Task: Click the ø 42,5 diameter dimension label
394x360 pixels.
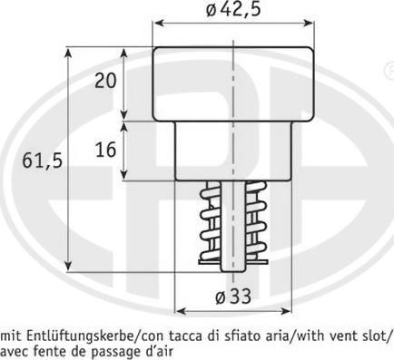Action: [x=233, y=10]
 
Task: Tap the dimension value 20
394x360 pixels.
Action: [x=105, y=81]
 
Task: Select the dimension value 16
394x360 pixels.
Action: [x=105, y=150]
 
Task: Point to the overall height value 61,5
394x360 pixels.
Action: [x=43, y=161]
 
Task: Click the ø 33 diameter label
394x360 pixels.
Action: [x=233, y=297]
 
